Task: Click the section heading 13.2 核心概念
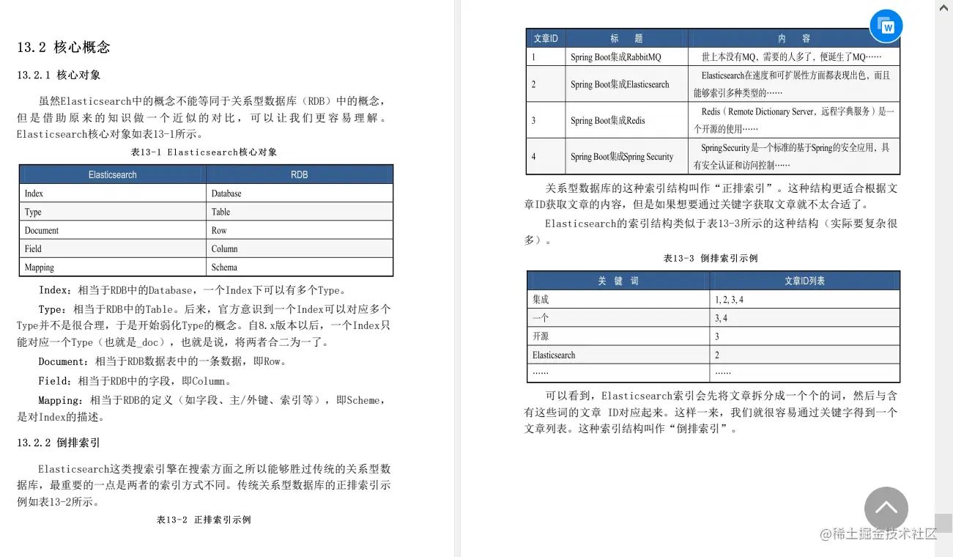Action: point(64,47)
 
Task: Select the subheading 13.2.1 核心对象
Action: point(59,75)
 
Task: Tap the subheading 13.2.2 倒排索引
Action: point(59,443)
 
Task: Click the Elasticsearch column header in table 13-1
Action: point(112,174)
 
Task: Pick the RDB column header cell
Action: point(299,174)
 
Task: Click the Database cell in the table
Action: point(226,193)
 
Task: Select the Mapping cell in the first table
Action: point(40,268)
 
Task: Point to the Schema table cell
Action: point(224,268)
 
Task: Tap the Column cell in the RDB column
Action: point(224,249)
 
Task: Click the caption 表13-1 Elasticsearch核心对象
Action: point(204,152)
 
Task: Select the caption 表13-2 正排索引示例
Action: point(204,520)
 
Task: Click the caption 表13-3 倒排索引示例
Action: point(710,258)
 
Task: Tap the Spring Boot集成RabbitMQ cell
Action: point(615,57)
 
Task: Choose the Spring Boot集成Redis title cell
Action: point(607,120)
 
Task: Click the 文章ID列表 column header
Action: point(804,281)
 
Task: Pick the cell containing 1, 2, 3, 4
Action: point(729,300)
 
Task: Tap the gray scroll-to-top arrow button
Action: point(886,509)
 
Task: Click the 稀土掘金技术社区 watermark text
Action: point(878,534)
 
